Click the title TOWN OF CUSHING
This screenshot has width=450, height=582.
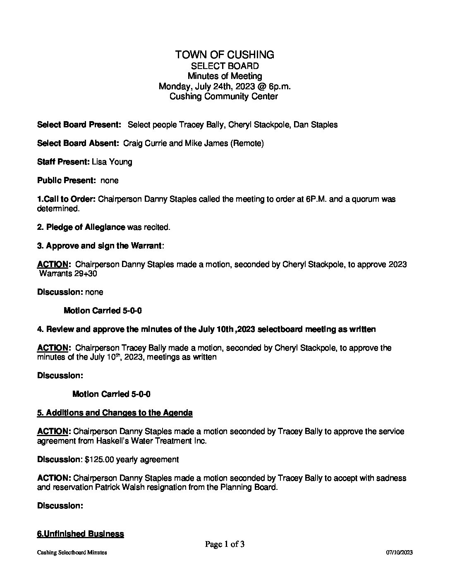[225, 55]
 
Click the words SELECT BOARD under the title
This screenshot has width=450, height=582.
[225, 66]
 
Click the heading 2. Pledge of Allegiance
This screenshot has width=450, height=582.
[81, 227]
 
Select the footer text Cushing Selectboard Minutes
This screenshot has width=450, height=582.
[72, 553]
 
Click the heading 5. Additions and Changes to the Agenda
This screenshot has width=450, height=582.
[115, 413]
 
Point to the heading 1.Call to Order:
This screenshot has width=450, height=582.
[67, 199]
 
